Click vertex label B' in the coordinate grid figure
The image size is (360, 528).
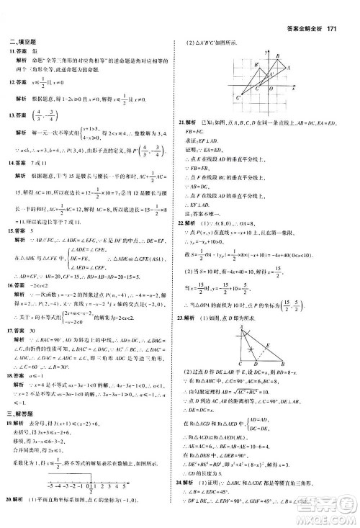(256, 64)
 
